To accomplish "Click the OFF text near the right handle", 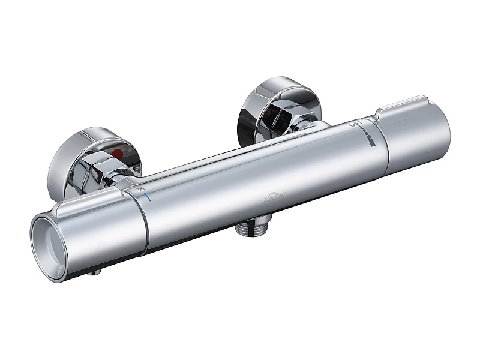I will [356, 127].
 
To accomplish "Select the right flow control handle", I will [414, 135].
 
